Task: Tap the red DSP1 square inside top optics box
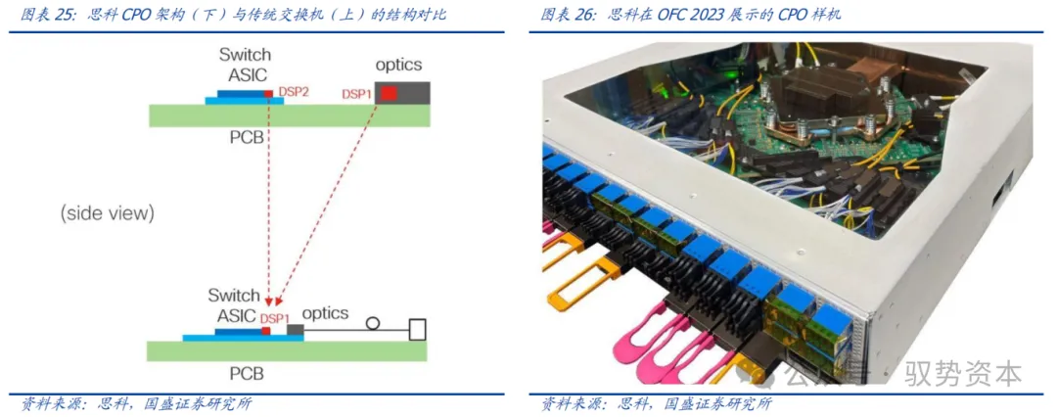[389, 93]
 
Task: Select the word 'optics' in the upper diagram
[398, 65]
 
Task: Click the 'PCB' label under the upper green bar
[246, 137]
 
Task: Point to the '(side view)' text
[107, 212]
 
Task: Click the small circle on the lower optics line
[371, 322]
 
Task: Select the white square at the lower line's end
[418, 329]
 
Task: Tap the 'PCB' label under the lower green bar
[246, 374]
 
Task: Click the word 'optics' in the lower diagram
[325, 313]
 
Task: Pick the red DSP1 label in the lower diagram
[274, 319]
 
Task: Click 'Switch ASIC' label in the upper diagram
[245, 65]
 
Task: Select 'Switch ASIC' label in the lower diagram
[234, 304]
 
